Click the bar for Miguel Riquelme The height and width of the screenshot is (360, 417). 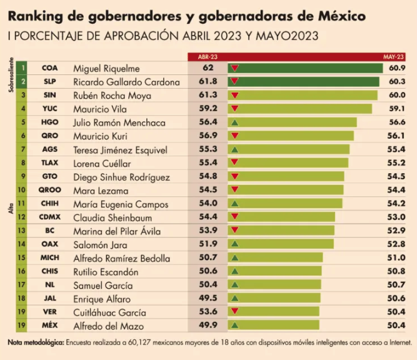click(312, 67)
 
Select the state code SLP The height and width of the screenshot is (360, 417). click(50, 81)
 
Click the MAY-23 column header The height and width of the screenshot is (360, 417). click(395, 57)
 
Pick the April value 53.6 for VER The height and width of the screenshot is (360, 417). click(208, 311)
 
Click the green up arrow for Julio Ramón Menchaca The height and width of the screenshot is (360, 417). click(235, 122)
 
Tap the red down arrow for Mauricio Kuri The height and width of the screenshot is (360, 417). click(235, 136)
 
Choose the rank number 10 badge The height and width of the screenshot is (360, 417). click(23, 190)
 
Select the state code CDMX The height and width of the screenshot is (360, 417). click(50, 217)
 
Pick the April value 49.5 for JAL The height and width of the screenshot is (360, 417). click(208, 298)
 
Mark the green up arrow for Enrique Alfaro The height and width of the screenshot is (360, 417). click(235, 298)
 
